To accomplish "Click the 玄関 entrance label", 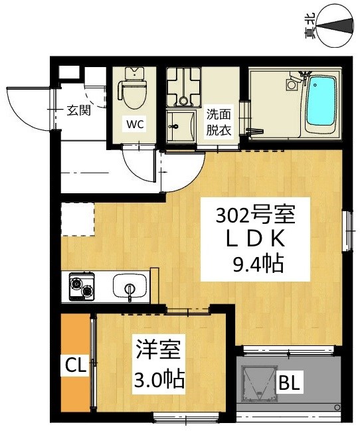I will click(x=79, y=110).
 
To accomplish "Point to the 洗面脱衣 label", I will click(x=218, y=122).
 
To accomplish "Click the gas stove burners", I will click(x=80, y=288).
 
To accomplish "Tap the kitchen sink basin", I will click(x=129, y=288).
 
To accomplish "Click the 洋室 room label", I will click(x=158, y=350).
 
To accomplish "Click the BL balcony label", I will click(x=289, y=383).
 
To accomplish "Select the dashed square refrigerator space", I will click(x=77, y=219).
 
